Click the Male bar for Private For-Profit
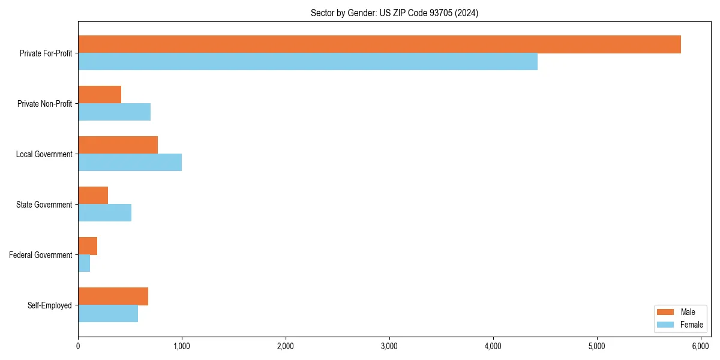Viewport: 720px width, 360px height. [x=379, y=44]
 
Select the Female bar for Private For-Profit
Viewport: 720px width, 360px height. [x=308, y=62]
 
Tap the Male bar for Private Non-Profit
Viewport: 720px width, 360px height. [x=100, y=95]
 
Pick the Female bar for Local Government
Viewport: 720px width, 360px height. [x=130, y=163]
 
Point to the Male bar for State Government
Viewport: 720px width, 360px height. [x=93, y=196]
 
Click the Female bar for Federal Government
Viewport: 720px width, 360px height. [x=84, y=263]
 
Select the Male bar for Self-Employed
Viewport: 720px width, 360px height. [x=113, y=296]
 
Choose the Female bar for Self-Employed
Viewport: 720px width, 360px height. [x=108, y=314]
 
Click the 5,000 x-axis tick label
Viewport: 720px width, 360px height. [x=597, y=346]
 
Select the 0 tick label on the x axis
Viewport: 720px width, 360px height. [x=78, y=346]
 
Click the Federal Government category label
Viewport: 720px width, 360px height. [x=41, y=255]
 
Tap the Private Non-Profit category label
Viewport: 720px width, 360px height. [x=44, y=104]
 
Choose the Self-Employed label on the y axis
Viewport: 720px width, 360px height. [x=50, y=305]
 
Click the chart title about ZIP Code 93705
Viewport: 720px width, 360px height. [x=394, y=13]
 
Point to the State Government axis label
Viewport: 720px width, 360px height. [x=44, y=205]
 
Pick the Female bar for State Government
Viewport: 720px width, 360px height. [x=104, y=213]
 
